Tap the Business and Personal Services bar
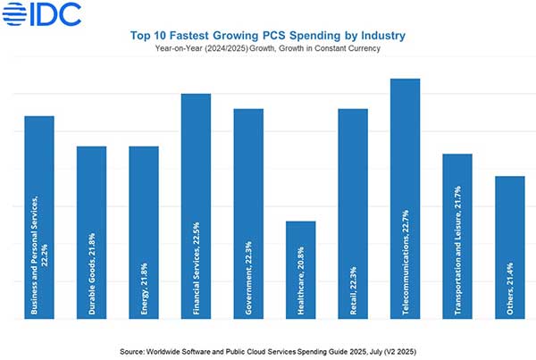[38, 161]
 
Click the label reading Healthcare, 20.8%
[300, 277]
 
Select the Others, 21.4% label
[510, 286]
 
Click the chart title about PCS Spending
[268, 35]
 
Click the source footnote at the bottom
[268, 342]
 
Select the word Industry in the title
[382, 35]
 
